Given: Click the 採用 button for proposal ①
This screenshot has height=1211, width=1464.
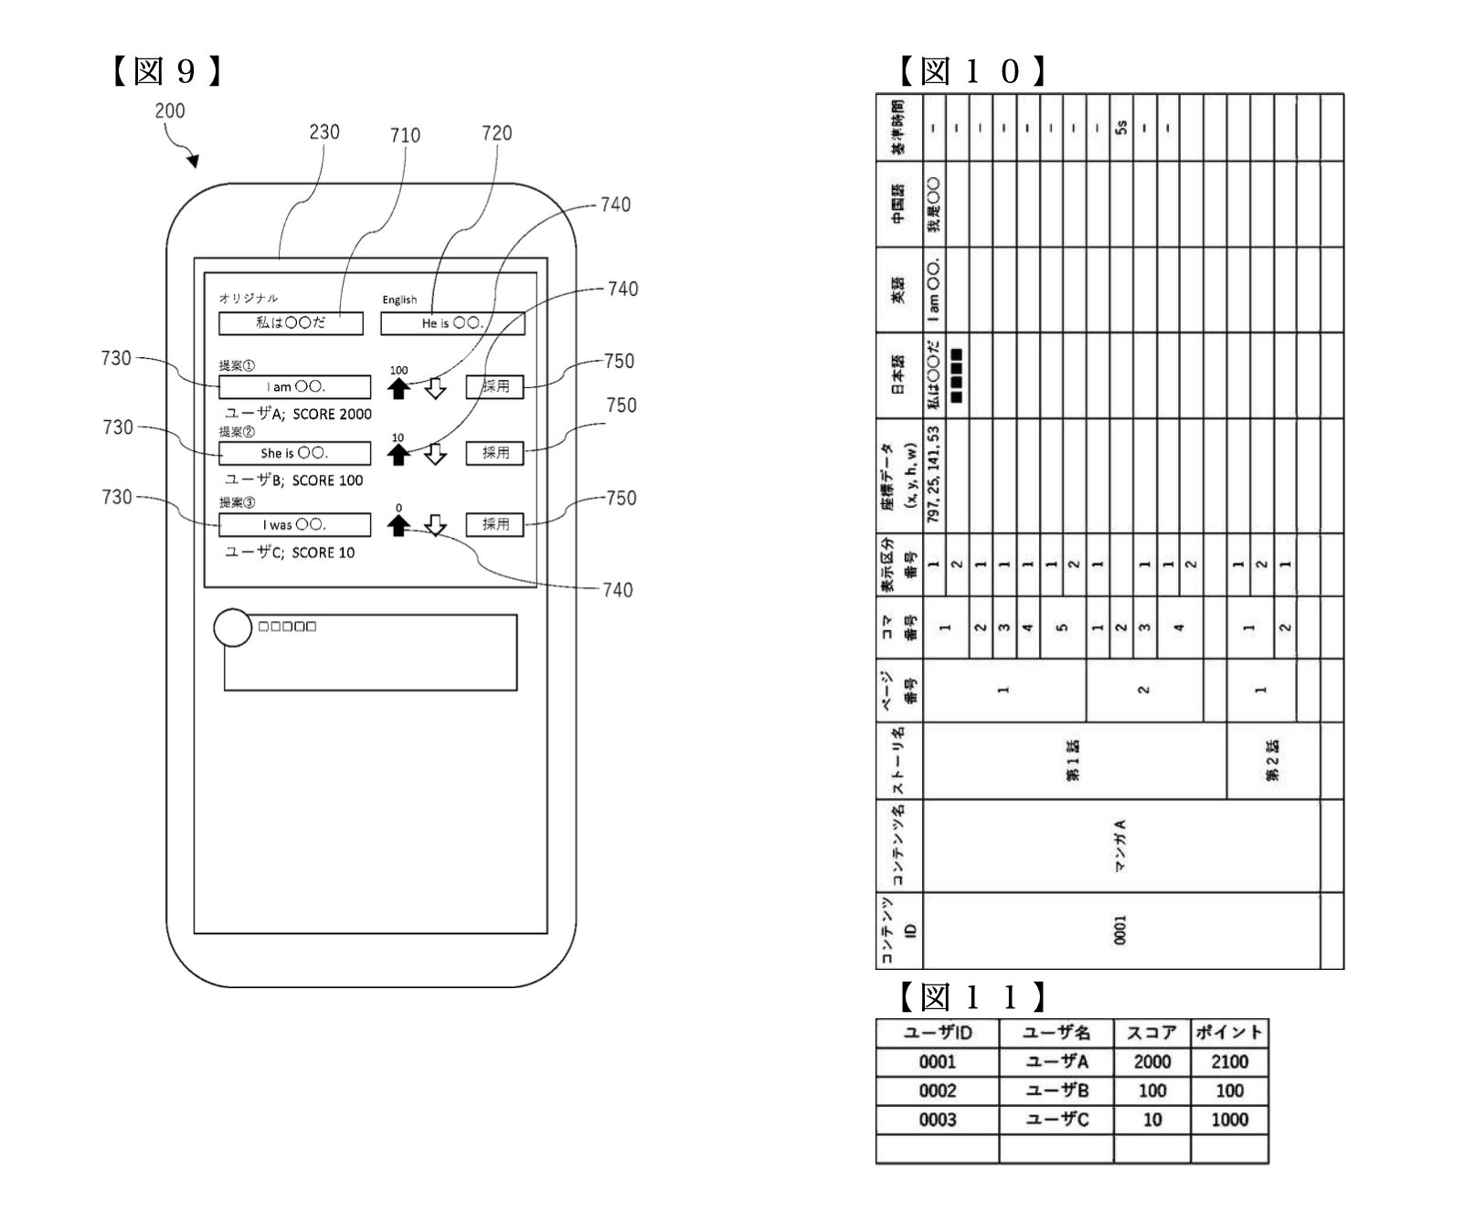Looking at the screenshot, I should click(494, 386).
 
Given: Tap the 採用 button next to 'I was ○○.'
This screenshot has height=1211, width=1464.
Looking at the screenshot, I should click(494, 524).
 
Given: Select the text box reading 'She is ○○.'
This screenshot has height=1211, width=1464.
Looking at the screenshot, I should click(294, 453).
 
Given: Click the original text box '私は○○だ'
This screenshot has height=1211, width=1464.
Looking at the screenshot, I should click(291, 323).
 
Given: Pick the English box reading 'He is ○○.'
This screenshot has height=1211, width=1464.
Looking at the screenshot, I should click(452, 323).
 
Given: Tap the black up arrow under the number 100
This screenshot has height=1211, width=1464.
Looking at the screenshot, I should click(398, 389).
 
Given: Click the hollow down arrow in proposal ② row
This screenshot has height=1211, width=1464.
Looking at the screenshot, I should click(436, 454).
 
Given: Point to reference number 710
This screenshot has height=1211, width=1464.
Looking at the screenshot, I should click(405, 136).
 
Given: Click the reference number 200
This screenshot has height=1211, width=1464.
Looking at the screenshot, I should click(170, 111).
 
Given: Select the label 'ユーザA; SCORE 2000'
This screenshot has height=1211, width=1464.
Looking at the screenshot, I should click(298, 414).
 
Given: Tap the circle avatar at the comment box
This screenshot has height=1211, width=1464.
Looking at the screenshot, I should click(232, 627).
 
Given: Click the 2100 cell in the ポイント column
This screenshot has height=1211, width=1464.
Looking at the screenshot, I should click(1229, 1061).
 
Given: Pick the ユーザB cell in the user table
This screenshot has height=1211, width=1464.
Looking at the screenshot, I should click(1056, 1090).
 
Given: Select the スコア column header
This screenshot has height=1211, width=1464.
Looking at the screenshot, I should click(1151, 1033).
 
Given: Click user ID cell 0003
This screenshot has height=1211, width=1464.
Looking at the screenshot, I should click(937, 1120).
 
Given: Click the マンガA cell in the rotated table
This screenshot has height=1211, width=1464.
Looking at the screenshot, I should click(1121, 846).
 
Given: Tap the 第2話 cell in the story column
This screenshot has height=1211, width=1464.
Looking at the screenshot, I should click(1273, 761).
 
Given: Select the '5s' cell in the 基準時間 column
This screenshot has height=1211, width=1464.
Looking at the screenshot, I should click(1121, 128).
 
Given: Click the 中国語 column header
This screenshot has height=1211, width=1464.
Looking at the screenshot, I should click(899, 205).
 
